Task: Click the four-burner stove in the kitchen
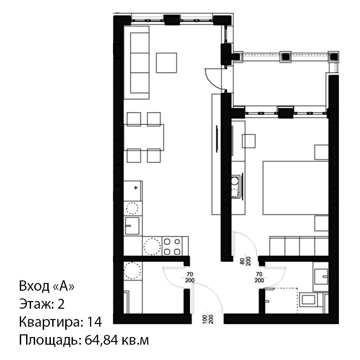tap(172, 246)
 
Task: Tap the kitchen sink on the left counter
tap(132, 225)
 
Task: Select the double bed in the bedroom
tap(296, 188)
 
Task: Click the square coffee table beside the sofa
tap(166, 63)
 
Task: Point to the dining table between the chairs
tap(144, 137)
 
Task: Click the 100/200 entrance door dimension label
tap(208, 319)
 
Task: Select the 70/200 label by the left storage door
tap(190, 277)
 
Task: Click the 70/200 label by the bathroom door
tap(259, 277)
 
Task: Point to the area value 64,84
tap(103, 340)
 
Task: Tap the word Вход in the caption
tap(35, 286)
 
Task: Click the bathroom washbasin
tap(321, 277)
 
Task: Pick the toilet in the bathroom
tap(309, 300)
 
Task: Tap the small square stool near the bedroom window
tap(249, 141)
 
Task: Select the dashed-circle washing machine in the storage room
tap(132, 271)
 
